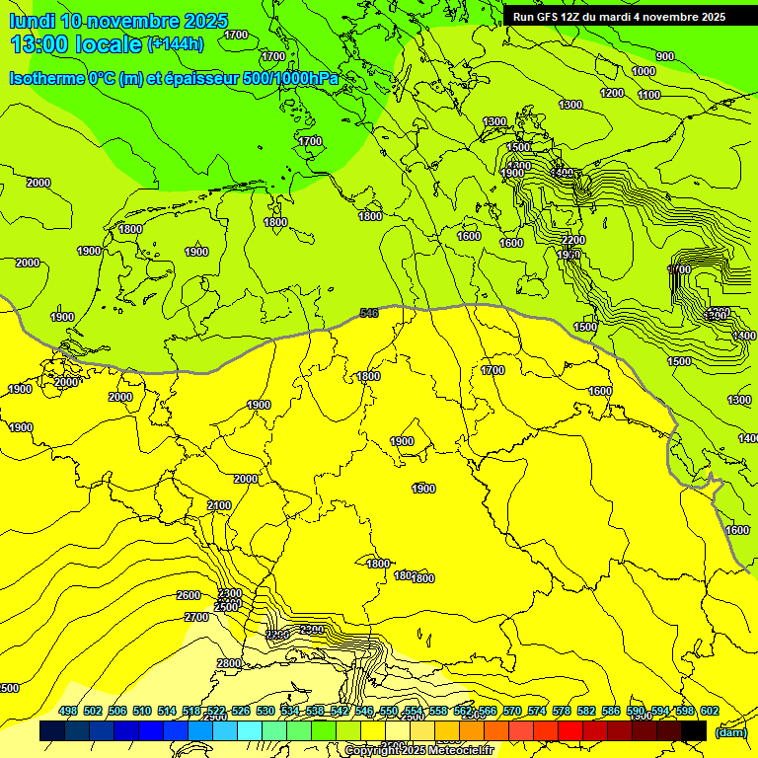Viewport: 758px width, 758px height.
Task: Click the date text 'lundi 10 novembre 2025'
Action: click(x=119, y=20)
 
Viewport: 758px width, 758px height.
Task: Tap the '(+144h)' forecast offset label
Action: click(x=176, y=43)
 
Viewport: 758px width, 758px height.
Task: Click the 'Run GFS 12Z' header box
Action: click(x=619, y=16)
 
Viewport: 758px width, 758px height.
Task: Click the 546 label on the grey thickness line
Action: click(x=369, y=313)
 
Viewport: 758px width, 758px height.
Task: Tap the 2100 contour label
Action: click(x=219, y=505)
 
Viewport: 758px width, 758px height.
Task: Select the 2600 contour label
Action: click(x=189, y=595)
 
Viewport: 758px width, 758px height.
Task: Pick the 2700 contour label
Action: click(x=196, y=617)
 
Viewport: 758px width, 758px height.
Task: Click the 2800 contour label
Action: click(x=229, y=663)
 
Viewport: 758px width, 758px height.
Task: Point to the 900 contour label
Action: click(x=665, y=56)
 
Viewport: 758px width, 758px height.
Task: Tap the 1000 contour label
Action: click(x=644, y=71)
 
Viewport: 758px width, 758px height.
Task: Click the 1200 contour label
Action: click(x=612, y=93)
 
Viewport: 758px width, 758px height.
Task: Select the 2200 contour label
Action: click(x=572, y=240)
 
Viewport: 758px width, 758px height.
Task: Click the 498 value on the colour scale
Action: click(x=68, y=711)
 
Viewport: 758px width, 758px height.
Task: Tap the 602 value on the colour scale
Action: click(x=710, y=711)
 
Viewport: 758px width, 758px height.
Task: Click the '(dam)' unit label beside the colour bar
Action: click(x=730, y=732)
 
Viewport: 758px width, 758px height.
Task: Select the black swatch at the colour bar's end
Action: click(x=694, y=731)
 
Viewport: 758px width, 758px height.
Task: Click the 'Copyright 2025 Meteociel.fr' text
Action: click(x=418, y=750)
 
